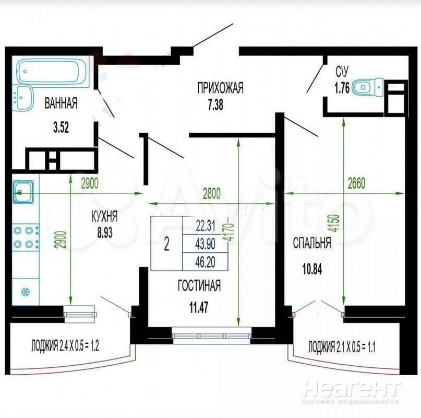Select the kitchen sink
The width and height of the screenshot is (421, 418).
click(x=23, y=192)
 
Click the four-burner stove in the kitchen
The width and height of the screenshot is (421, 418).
click(x=26, y=238)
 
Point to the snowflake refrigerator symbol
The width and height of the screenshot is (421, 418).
click(x=26, y=292)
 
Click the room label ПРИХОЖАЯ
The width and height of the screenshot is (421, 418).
click(x=221, y=88)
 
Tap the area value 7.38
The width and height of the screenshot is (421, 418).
click(x=215, y=104)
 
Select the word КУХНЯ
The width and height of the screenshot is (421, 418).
click(x=104, y=216)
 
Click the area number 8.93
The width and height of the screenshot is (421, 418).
click(x=105, y=233)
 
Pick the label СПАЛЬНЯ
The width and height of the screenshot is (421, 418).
click(x=312, y=243)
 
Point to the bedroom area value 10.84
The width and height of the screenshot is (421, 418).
click(x=312, y=269)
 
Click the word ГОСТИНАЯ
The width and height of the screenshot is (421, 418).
click(x=199, y=285)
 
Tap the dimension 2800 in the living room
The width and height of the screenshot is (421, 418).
click(x=212, y=194)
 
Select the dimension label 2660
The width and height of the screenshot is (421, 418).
click(x=356, y=183)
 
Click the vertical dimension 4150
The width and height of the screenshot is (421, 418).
click(x=335, y=223)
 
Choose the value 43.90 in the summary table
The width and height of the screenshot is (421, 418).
click(x=206, y=244)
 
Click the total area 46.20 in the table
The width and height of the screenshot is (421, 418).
click(x=205, y=262)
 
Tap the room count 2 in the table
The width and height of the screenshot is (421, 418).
click(x=166, y=245)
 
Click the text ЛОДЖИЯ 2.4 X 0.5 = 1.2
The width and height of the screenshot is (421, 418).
click(x=65, y=345)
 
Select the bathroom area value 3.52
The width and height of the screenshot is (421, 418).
click(x=61, y=127)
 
